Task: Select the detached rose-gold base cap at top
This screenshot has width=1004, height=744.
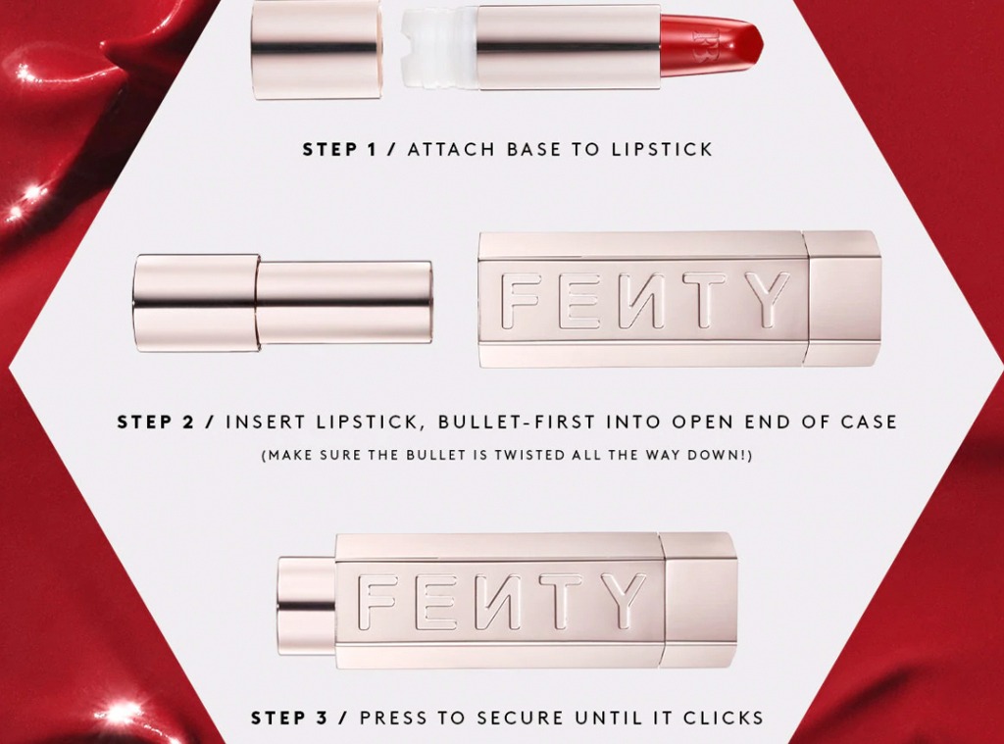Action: click(317, 49)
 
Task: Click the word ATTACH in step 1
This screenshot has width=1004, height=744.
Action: click(451, 149)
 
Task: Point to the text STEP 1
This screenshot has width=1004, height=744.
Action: click(340, 149)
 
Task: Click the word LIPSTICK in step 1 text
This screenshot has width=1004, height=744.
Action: click(662, 149)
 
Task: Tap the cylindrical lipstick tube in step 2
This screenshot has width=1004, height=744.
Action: click(282, 302)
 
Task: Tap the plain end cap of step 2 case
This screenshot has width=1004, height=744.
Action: click(845, 298)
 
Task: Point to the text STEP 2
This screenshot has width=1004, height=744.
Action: click(156, 422)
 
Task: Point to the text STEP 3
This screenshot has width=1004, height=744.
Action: click(289, 718)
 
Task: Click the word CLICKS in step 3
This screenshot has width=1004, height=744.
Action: click(724, 718)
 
